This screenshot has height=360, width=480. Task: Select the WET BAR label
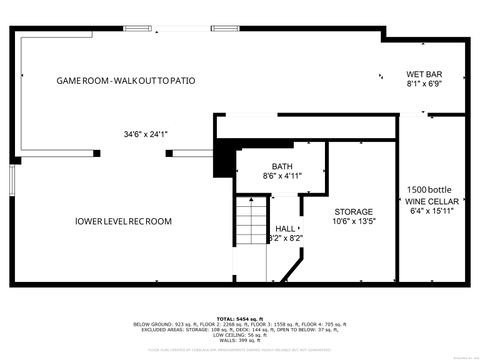pos(423,74)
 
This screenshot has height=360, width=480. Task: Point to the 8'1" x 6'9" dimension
pos(423,85)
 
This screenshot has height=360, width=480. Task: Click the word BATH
pos(282,166)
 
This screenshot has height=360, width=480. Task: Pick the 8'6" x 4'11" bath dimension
pos(282,176)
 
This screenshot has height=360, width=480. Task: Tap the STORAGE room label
pos(354,212)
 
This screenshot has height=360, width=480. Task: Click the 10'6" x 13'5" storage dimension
pos(354,222)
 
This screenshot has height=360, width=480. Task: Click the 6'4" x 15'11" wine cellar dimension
pos(432,210)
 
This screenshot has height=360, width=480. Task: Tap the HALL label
pos(286,228)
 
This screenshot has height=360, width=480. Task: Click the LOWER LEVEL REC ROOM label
pos(123,221)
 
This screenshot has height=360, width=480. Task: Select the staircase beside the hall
pos(250,222)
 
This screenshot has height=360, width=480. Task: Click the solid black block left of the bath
pos(226,157)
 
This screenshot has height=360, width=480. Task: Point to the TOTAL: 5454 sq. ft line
pos(239,316)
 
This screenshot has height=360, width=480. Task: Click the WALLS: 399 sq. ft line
pos(239,341)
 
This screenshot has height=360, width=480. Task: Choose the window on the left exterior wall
pos(12,180)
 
